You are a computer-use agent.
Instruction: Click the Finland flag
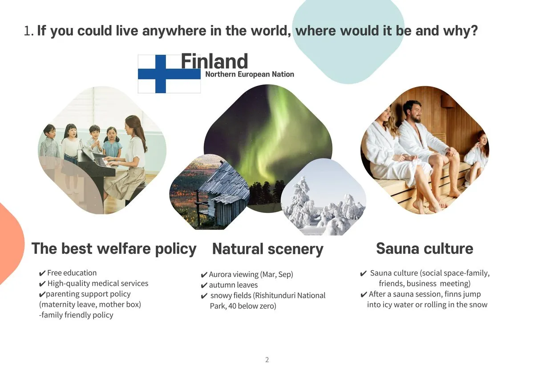click(x=169, y=74)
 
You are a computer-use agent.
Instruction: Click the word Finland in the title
click(x=214, y=61)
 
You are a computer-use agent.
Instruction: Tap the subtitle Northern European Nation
click(x=250, y=74)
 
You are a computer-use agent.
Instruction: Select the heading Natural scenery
click(x=268, y=249)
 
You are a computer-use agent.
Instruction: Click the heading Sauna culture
click(x=425, y=249)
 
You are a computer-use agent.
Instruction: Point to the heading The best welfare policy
click(x=114, y=249)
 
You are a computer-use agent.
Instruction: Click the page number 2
click(x=267, y=360)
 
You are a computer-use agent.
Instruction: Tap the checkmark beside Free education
click(x=42, y=273)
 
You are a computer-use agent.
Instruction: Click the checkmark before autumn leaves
click(x=204, y=285)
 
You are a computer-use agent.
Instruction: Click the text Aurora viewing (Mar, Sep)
click(x=251, y=275)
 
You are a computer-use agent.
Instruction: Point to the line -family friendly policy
click(x=76, y=315)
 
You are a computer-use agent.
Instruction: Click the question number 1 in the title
click(x=28, y=31)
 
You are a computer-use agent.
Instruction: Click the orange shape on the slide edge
click(x=11, y=243)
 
